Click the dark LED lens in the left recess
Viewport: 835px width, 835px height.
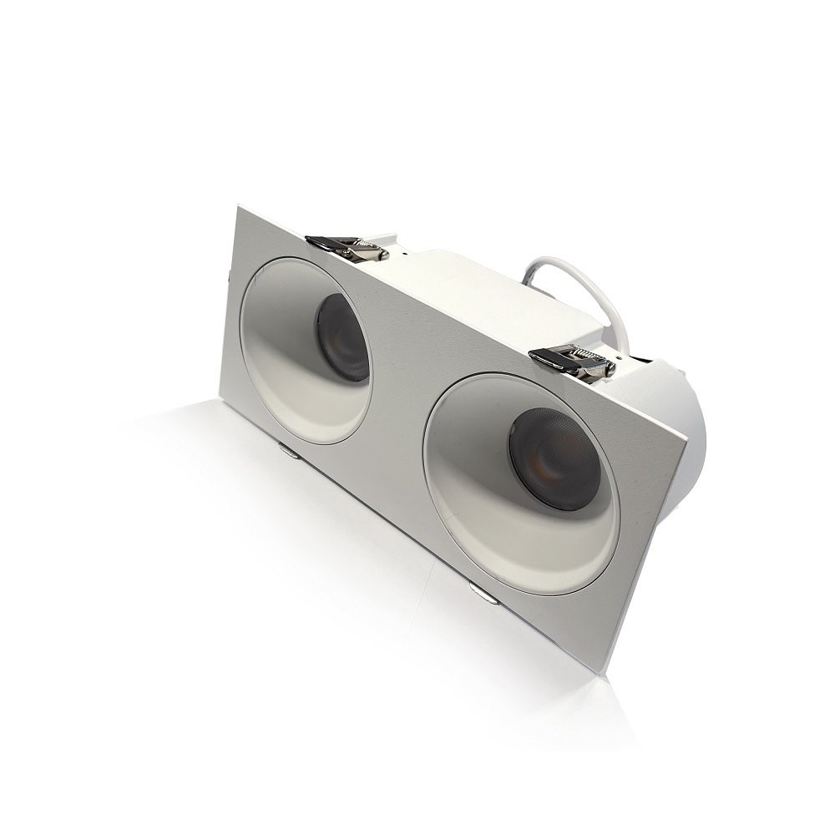point(342,337)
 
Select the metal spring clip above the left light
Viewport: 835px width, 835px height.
point(347,247)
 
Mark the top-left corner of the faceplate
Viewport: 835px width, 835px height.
point(239,207)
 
